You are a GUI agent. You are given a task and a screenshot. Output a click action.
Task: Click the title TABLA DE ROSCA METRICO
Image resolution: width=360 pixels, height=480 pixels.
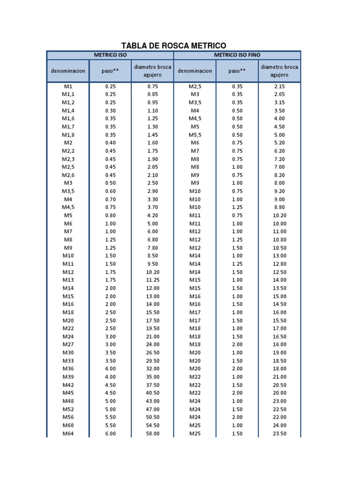(173, 45)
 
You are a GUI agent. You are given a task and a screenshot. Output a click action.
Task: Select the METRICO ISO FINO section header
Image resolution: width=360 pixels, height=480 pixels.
(237, 55)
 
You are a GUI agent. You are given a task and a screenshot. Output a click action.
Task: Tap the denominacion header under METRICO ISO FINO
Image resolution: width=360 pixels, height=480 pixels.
(195, 71)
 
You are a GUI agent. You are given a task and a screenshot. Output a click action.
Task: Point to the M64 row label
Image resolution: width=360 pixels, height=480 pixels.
(68, 434)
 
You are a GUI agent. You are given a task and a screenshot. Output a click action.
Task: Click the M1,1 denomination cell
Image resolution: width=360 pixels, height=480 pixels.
(68, 94)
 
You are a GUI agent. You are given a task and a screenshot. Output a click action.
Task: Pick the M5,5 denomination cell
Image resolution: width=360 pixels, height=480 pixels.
(195, 135)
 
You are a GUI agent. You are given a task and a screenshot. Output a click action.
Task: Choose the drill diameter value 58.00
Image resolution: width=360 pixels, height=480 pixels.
(153, 434)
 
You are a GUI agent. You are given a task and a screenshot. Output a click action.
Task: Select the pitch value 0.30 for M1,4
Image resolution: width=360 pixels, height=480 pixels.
(110, 111)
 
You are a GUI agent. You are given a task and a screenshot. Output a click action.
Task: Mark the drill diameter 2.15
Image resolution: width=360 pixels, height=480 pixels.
(279, 86)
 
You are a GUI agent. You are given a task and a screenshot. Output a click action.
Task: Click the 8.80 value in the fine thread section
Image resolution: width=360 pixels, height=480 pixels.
(279, 207)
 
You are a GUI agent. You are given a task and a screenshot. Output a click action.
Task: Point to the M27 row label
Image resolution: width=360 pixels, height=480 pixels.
(68, 345)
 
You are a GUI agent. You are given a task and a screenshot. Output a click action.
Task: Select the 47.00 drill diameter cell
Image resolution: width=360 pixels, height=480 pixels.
(153, 409)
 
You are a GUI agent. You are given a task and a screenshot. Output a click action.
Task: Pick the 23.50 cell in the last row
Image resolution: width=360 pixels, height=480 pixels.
(279, 434)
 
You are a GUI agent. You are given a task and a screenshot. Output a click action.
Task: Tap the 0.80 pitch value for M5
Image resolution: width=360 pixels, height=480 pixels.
(110, 216)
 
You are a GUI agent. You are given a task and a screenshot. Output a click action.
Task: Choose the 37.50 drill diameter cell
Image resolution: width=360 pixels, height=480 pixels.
(153, 385)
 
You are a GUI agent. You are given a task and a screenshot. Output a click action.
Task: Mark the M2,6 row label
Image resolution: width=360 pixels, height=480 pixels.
(68, 175)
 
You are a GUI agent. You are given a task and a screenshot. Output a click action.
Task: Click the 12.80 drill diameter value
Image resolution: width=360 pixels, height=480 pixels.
(279, 264)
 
